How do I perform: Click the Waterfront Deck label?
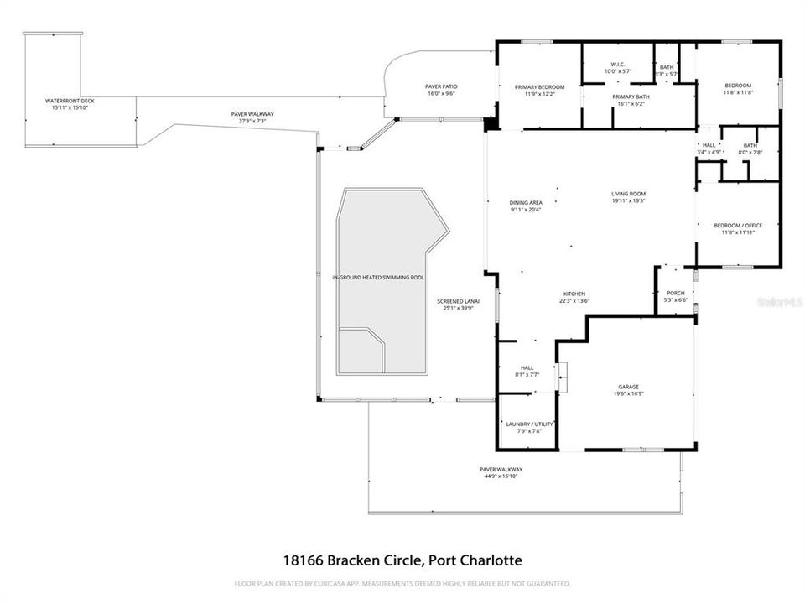70,101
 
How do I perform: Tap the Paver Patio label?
441,86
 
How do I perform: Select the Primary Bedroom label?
539,87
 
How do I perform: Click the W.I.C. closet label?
617,65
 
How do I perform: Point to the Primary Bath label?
631,97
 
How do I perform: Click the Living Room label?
628,195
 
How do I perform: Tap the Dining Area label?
526,202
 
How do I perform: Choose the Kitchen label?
574,294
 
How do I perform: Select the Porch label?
675,294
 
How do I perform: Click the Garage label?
629,387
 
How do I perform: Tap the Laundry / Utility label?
529,424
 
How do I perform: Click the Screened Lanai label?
458,301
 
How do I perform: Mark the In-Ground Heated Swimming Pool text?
377,277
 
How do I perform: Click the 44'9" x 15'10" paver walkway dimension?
500,476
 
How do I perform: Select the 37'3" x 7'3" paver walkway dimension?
252,121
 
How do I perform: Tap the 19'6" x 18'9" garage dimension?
629,393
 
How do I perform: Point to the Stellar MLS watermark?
780,299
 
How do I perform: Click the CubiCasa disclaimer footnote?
402,583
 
